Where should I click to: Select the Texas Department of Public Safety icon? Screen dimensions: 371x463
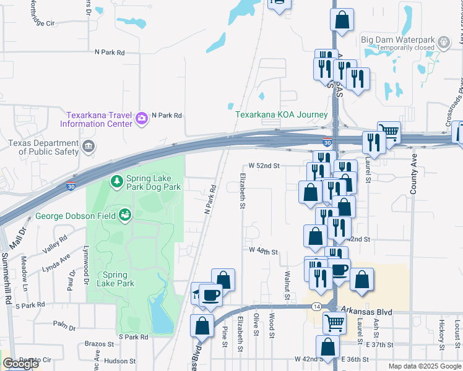click(89, 147)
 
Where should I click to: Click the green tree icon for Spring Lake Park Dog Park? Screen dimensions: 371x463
click(116, 181)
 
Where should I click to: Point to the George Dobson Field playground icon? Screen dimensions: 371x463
click(126, 215)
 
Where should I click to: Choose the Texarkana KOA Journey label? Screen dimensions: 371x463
click(281, 114)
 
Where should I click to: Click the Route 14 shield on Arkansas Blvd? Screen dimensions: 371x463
click(316, 306)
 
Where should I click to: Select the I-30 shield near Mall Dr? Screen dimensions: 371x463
click(72, 185)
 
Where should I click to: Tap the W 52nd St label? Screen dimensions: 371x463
click(264, 166)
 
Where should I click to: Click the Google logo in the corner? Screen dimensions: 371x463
click(20, 364)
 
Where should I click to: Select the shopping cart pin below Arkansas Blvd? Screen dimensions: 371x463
click(334, 322)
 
